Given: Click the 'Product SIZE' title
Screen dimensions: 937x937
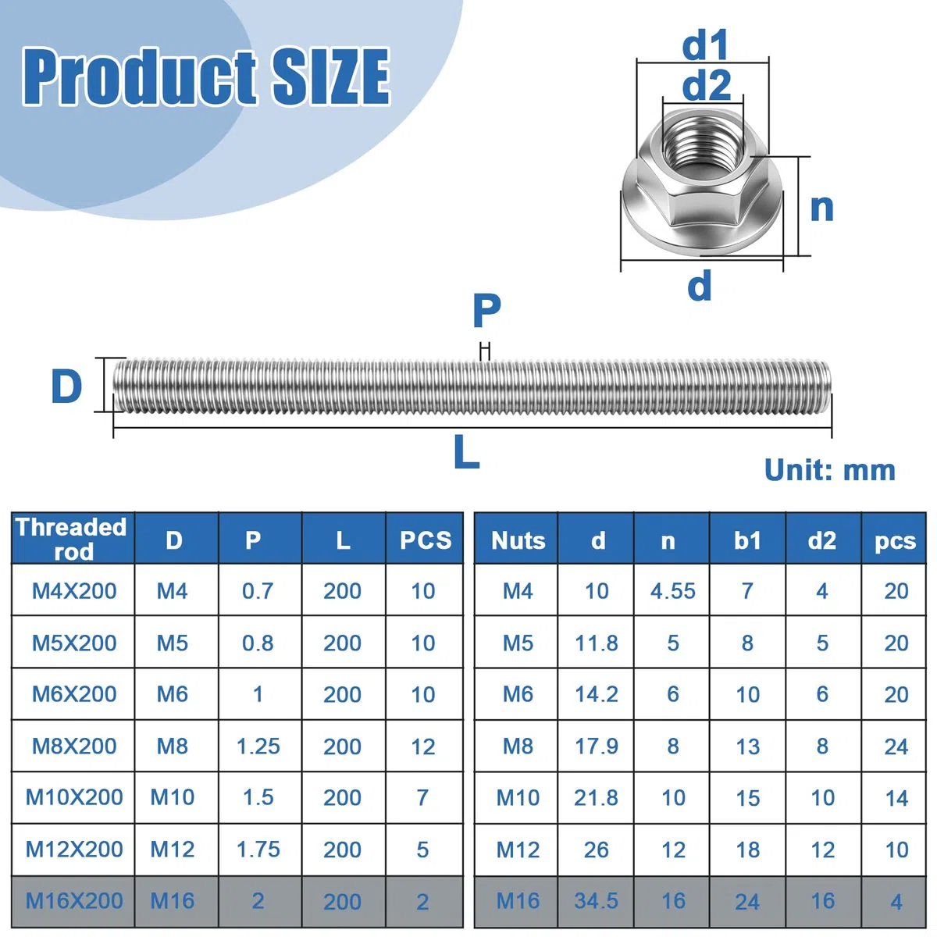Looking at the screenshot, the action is [x=206, y=76].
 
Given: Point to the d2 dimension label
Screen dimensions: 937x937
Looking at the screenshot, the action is [x=706, y=85].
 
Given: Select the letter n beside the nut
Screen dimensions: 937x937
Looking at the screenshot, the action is [x=821, y=208].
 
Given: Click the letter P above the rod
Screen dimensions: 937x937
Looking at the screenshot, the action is [x=486, y=311].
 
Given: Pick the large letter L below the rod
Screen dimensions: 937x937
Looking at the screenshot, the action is [x=466, y=451].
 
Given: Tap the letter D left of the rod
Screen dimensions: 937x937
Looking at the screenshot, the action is [x=66, y=386].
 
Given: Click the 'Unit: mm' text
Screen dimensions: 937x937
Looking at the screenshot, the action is [x=829, y=470].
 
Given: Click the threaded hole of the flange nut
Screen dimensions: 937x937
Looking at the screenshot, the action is [x=704, y=144].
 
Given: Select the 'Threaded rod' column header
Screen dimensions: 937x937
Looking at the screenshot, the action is [x=72, y=539].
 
